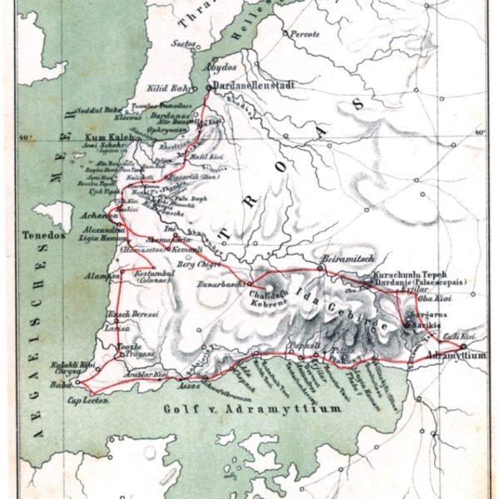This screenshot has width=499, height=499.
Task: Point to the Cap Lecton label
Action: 86,400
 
